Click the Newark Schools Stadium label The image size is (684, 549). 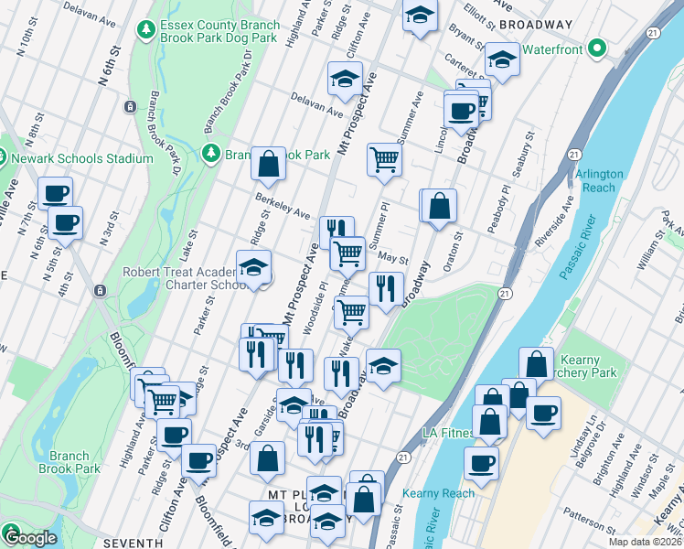click(82, 158)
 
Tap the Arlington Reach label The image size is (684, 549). click(600, 180)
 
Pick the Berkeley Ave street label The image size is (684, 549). click(282, 207)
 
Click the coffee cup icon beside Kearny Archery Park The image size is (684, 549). click(543, 412)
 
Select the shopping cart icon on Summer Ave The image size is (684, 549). click(385, 159)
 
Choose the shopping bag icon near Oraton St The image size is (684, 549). click(439, 205)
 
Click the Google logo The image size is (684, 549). click(31, 538)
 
